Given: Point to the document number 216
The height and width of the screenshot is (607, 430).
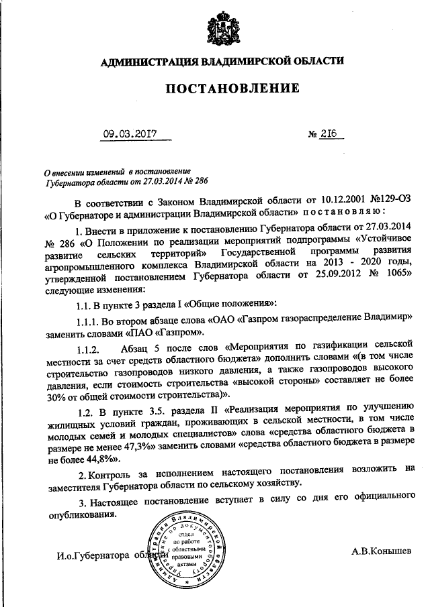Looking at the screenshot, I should pyautogui.click(x=330, y=133).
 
